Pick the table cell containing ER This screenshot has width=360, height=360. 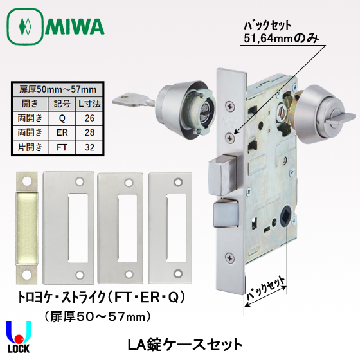(x=62, y=132)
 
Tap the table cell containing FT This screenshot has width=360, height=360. (x=62, y=147)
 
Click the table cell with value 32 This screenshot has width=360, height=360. (x=89, y=147)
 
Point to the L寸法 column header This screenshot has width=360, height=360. (x=89, y=103)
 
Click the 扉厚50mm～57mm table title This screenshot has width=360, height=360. (x=59, y=89)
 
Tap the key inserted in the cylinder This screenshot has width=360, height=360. (x=131, y=100)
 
